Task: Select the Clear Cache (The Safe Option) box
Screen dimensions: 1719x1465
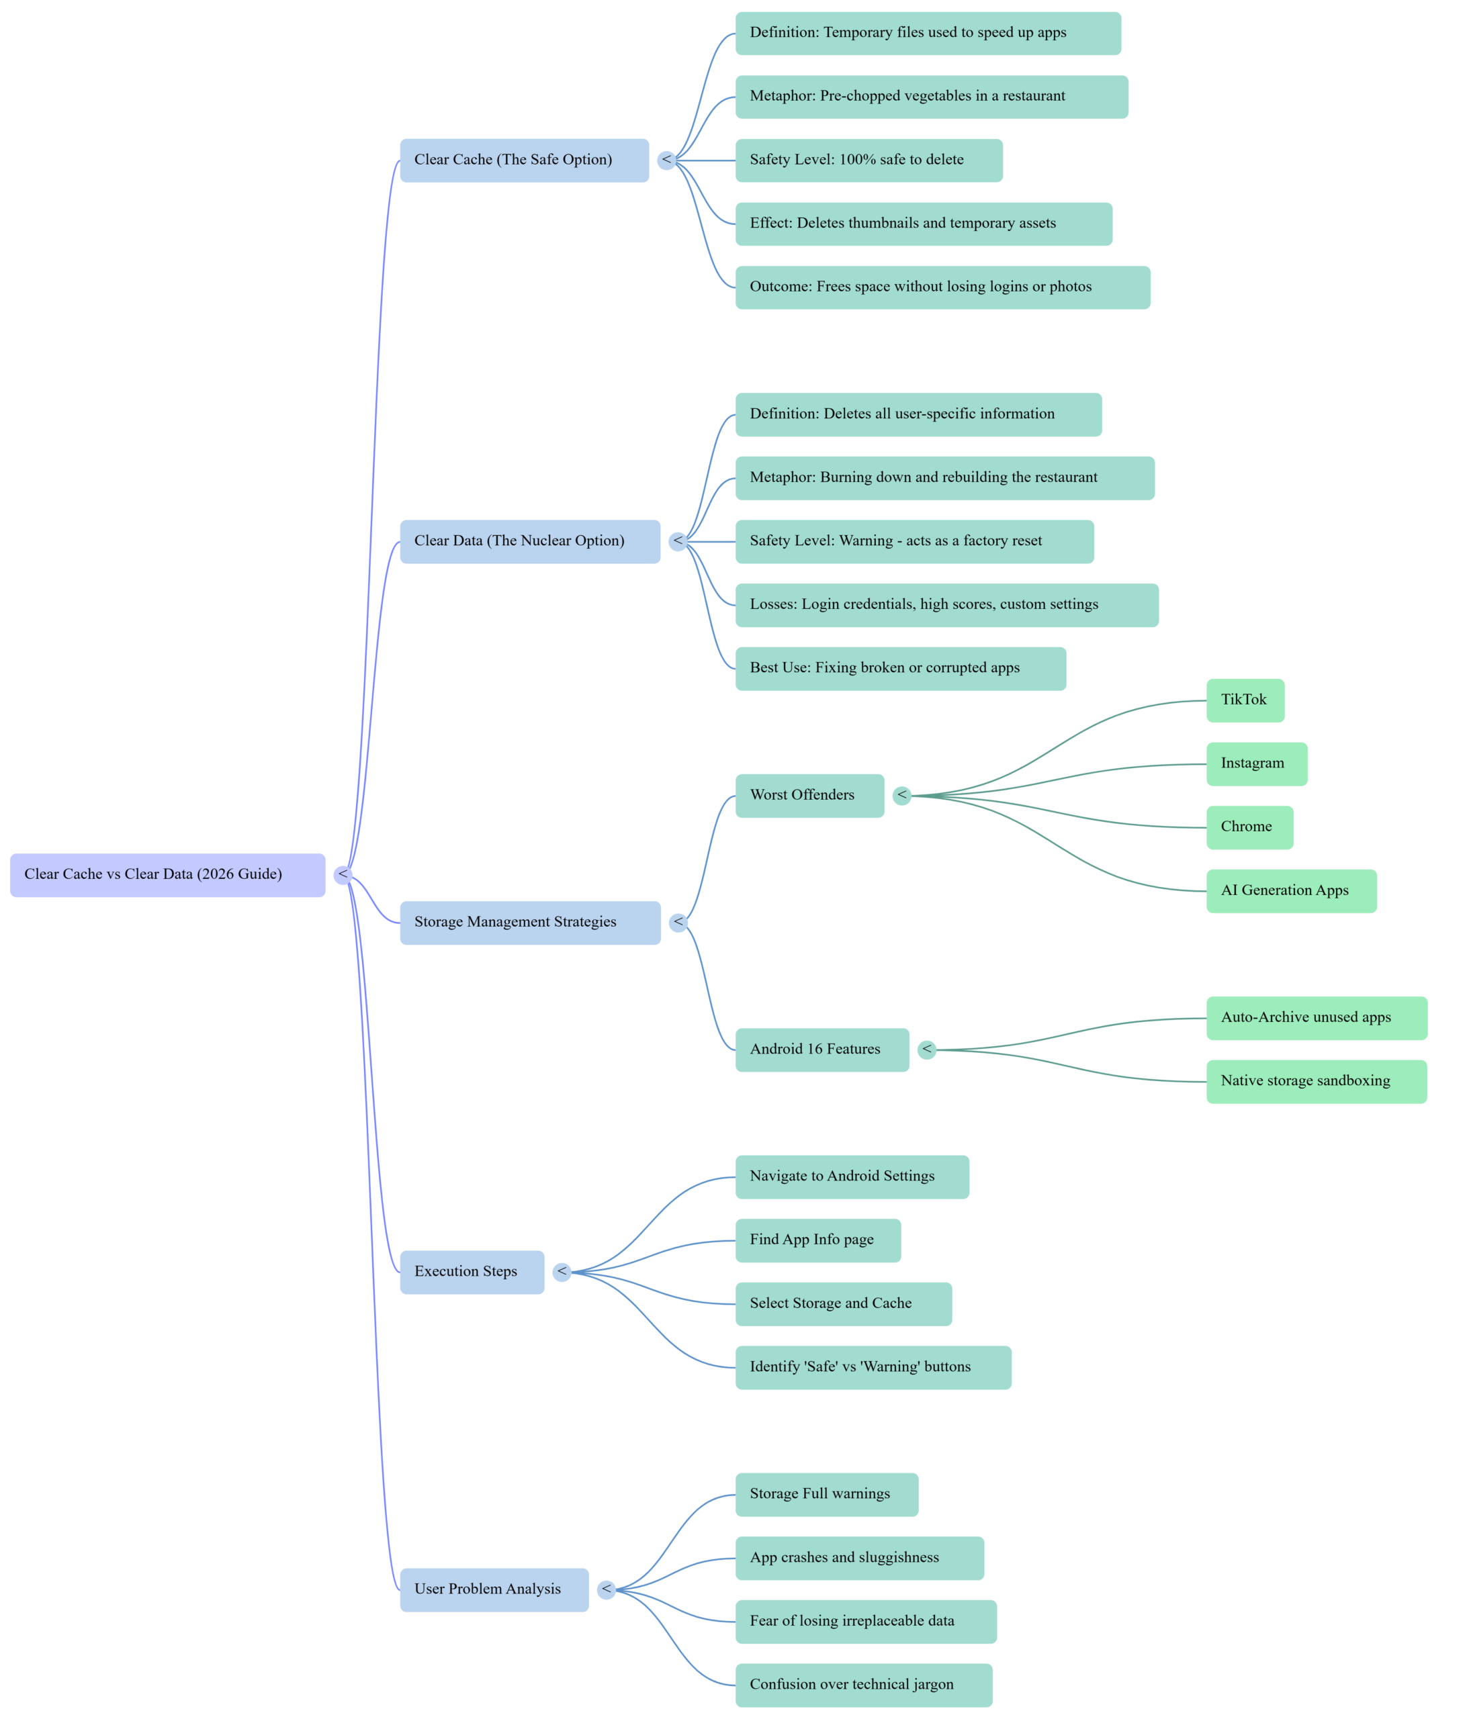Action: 524,160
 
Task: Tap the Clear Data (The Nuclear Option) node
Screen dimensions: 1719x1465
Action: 529,541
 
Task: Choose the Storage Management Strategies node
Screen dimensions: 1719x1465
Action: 529,922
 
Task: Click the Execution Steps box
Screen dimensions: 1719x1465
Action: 472,1271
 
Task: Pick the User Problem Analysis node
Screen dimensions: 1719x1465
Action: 494,1589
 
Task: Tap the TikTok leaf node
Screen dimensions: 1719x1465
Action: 1244,700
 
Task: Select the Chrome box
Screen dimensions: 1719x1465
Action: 1248,827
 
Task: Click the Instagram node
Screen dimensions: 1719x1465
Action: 1256,763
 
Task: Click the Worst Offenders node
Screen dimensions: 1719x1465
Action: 809,796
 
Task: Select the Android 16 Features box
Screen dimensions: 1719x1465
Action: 821,1050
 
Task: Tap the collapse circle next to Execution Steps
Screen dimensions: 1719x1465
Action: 562,1271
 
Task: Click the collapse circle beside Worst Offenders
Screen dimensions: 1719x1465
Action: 901,796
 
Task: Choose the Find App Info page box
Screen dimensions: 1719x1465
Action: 817,1240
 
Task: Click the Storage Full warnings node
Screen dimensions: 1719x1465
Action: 826,1494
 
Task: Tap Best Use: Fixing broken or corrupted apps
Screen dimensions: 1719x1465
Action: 899,669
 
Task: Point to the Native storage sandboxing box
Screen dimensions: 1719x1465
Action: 1316,1081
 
